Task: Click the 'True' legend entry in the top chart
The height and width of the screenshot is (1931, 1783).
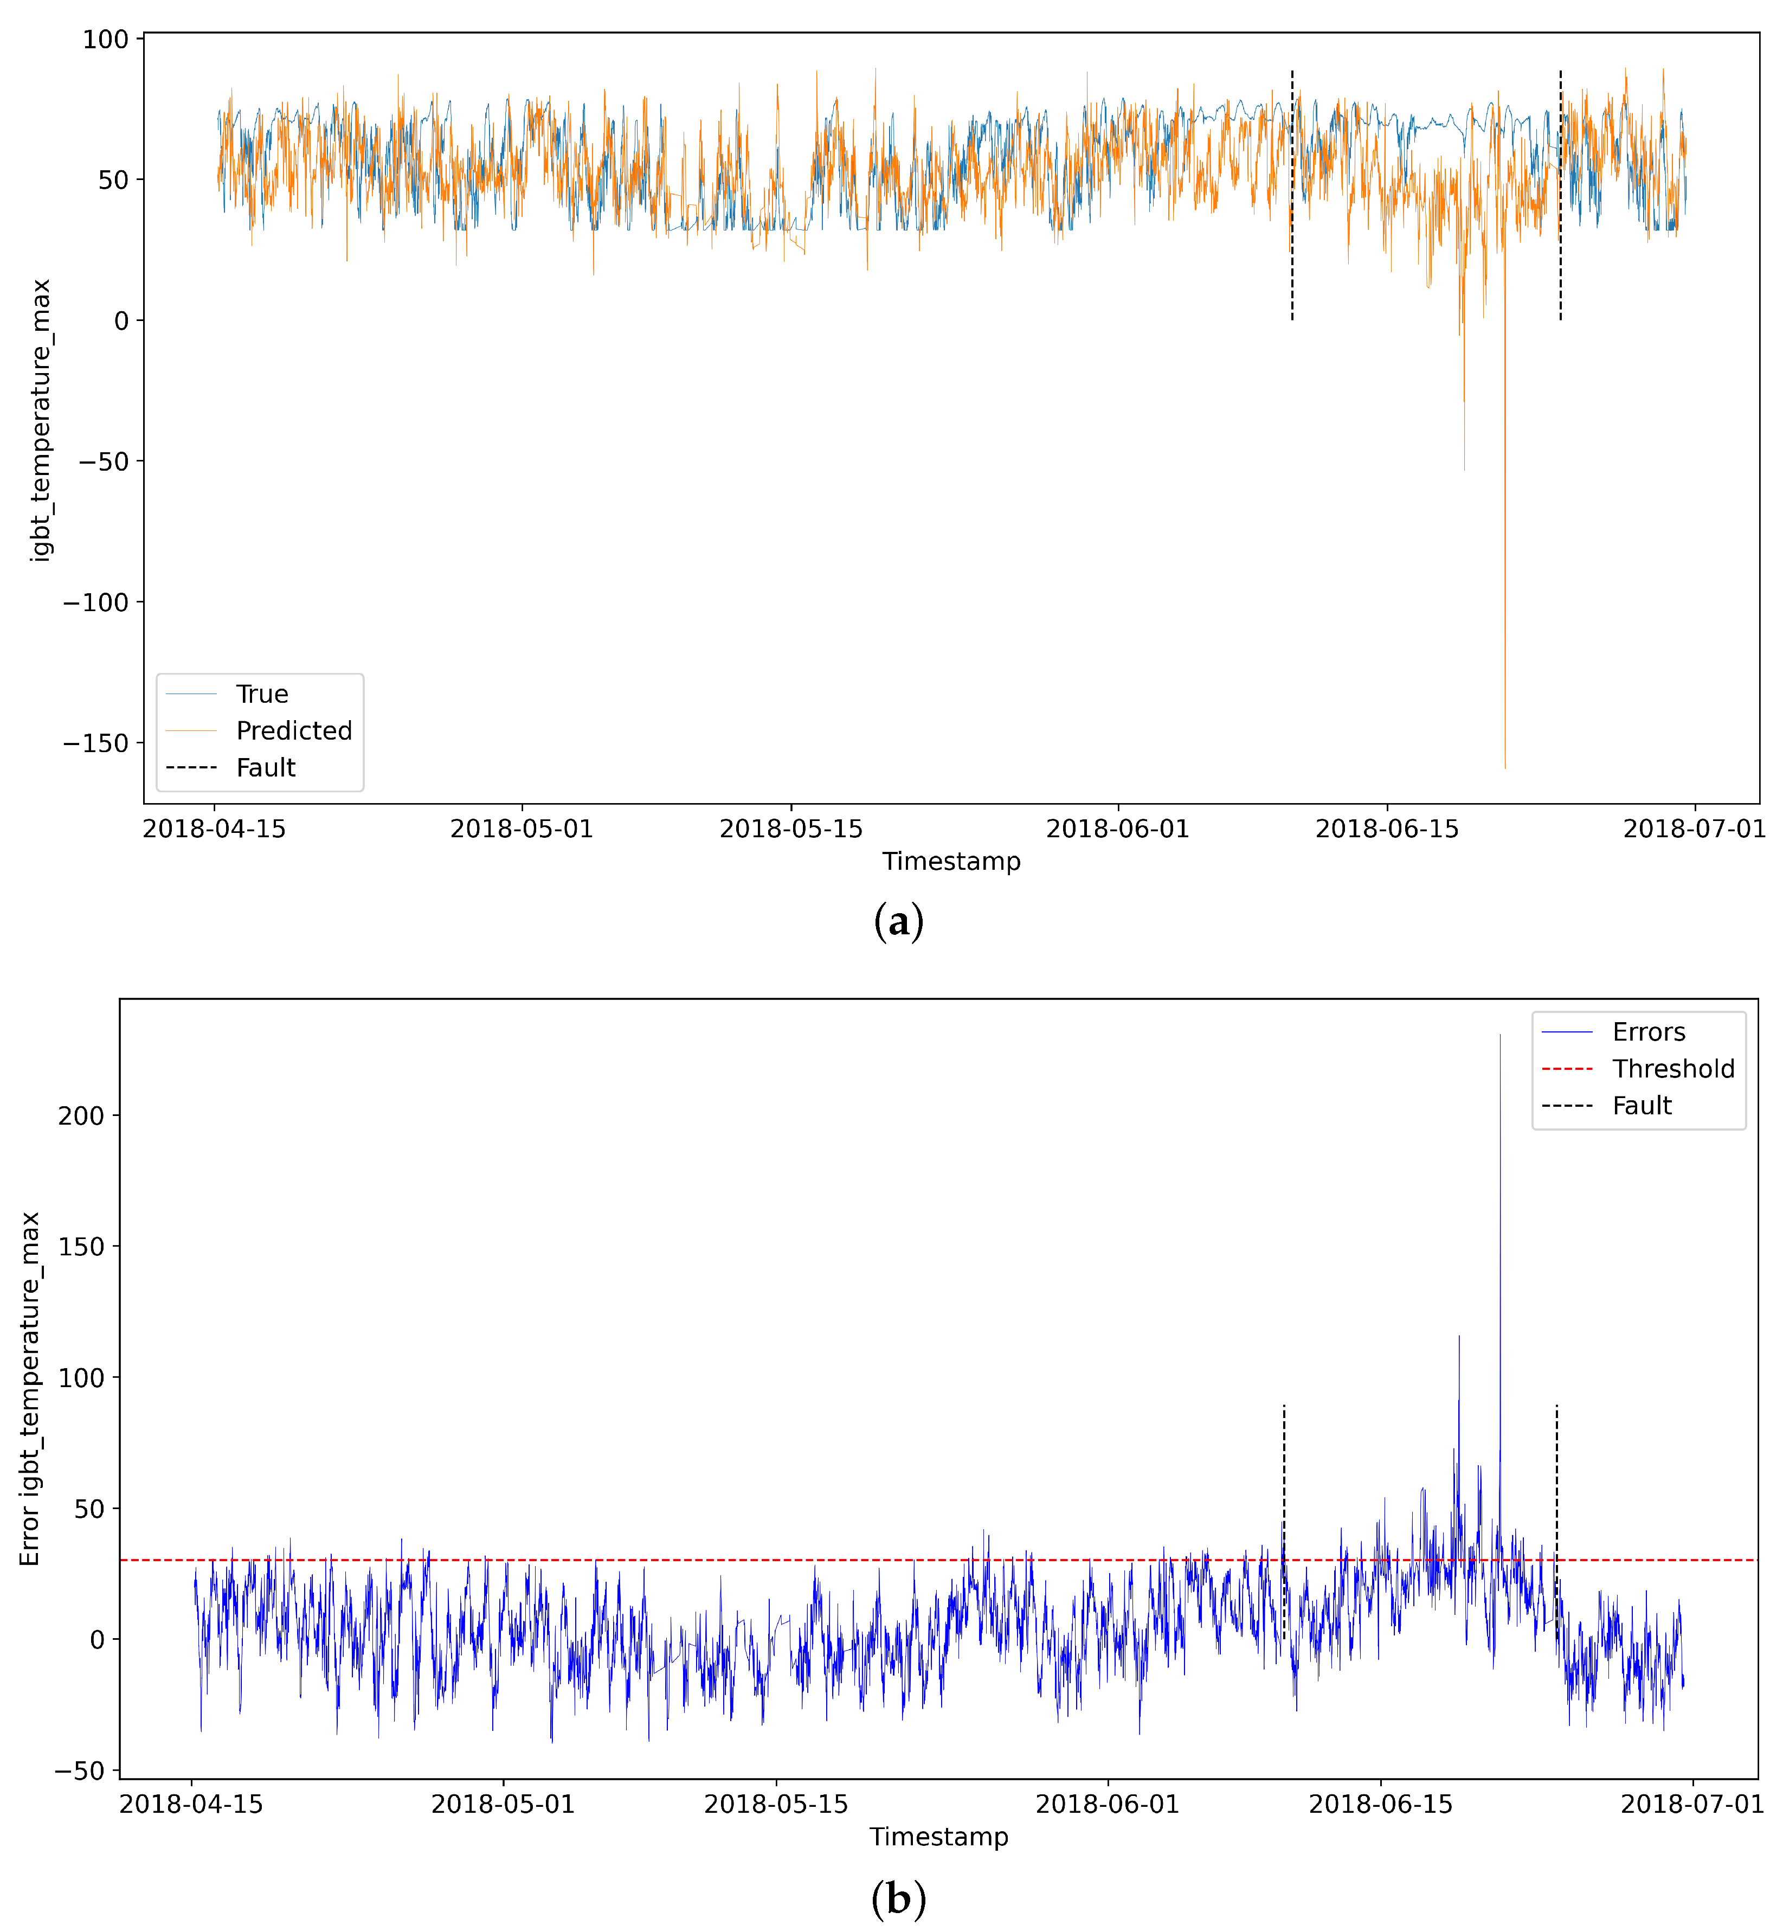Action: click(261, 694)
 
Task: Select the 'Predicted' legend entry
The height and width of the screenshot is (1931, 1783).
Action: click(293, 730)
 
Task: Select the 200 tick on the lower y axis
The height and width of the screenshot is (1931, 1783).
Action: click(81, 1115)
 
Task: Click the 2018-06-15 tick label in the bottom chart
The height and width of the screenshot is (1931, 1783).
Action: click(1381, 1805)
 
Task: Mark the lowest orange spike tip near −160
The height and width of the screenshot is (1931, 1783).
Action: click(1504, 767)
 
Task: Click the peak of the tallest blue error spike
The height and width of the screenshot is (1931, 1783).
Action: click(1499, 1036)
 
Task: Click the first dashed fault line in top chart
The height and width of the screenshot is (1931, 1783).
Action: click(1292, 193)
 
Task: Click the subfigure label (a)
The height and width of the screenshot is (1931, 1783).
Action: click(898, 922)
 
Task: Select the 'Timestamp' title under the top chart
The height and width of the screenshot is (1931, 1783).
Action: click(951, 861)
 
